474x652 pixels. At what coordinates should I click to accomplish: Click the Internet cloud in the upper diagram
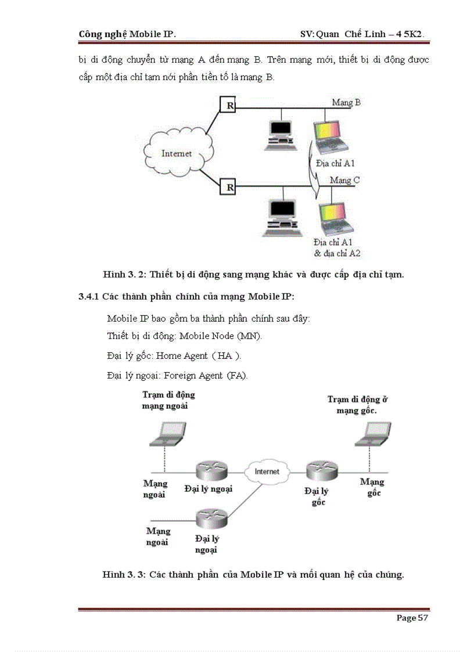[x=177, y=154]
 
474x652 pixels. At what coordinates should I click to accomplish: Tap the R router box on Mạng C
[x=229, y=186]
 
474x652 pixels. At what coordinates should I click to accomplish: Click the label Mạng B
[x=346, y=102]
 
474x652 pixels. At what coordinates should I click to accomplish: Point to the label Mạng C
[x=344, y=180]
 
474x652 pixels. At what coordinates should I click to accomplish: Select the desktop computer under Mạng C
[x=281, y=218]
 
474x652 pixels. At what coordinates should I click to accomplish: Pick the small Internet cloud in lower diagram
[x=267, y=471]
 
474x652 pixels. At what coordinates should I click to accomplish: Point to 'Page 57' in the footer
[x=412, y=618]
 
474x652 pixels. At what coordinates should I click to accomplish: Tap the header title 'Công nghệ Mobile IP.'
[x=127, y=34]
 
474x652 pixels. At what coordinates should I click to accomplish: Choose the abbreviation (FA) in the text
[x=237, y=375]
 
